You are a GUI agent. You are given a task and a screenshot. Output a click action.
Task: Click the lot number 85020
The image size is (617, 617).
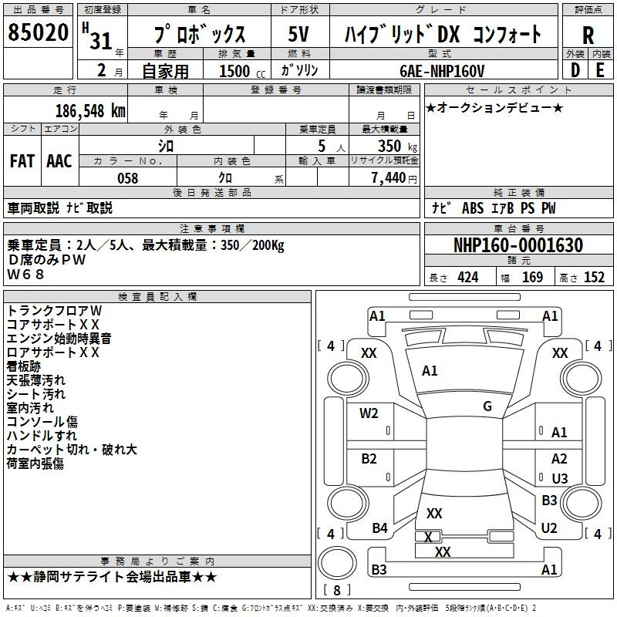tap(38, 32)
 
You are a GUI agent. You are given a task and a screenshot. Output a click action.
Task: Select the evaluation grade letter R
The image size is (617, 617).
tap(588, 35)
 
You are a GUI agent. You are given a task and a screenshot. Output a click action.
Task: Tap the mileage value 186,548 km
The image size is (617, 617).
tap(90, 111)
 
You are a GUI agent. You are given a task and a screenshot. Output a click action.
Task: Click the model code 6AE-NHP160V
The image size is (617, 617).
tap(442, 71)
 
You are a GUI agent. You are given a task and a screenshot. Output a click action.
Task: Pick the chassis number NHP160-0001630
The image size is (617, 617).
tap(518, 245)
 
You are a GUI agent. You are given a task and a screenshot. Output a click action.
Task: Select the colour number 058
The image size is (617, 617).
tap(128, 178)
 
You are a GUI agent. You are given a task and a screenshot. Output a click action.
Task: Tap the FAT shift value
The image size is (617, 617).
tap(22, 161)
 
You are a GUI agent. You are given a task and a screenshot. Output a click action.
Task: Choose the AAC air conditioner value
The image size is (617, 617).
tap(59, 161)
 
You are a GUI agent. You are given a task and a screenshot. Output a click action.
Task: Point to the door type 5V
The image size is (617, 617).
tap(298, 34)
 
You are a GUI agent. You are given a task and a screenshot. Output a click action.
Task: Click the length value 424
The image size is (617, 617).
tap(468, 278)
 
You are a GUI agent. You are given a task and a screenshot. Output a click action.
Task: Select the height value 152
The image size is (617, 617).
tap(594, 278)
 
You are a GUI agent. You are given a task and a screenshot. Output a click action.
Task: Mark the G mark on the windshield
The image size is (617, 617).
tap(487, 406)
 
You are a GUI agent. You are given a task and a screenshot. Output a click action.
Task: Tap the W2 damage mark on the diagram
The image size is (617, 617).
tap(369, 413)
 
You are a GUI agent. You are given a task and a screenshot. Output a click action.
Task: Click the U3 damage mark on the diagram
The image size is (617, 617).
tap(560, 478)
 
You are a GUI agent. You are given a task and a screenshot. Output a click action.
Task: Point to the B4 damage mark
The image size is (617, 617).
tap(379, 528)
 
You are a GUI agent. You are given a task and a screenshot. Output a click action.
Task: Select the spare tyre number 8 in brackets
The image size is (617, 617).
tap(337, 590)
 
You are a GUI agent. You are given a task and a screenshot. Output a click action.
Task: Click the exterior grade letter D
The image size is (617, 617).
tap(575, 70)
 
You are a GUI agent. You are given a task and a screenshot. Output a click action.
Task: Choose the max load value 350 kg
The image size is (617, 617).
tap(397, 147)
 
